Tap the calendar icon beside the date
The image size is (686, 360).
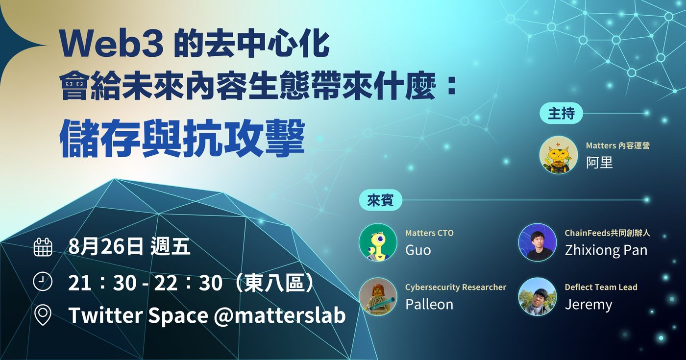click(43, 247)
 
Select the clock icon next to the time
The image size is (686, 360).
click(43, 281)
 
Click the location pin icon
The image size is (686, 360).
click(43, 315)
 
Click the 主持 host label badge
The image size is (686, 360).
click(561, 113)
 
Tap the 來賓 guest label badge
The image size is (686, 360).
click(380, 200)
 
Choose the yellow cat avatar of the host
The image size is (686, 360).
click(558, 155)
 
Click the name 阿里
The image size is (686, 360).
click(599, 162)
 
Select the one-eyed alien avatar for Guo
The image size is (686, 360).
click(378, 242)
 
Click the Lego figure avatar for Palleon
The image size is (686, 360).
click(378, 297)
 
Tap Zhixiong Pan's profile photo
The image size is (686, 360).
click(537, 242)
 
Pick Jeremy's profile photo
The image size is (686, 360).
click(537, 297)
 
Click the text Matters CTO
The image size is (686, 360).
click(429, 233)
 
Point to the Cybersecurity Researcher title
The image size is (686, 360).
click(456, 287)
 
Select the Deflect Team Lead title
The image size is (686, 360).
click(601, 287)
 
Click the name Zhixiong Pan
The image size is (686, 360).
click(606, 250)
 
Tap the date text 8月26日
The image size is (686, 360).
click(106, 247)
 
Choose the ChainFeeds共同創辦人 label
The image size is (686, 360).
click(607, 233)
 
